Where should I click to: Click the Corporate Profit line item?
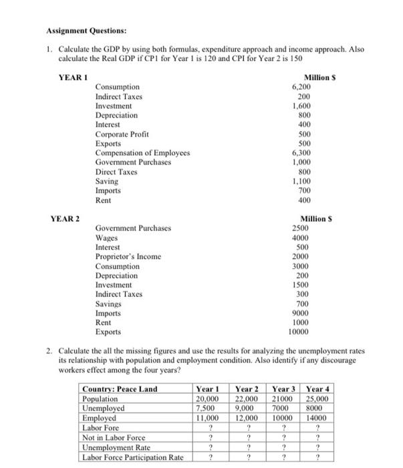121,134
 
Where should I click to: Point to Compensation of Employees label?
142,152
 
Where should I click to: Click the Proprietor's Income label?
128,256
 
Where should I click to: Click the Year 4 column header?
317,388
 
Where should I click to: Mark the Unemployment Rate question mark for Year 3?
284,447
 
